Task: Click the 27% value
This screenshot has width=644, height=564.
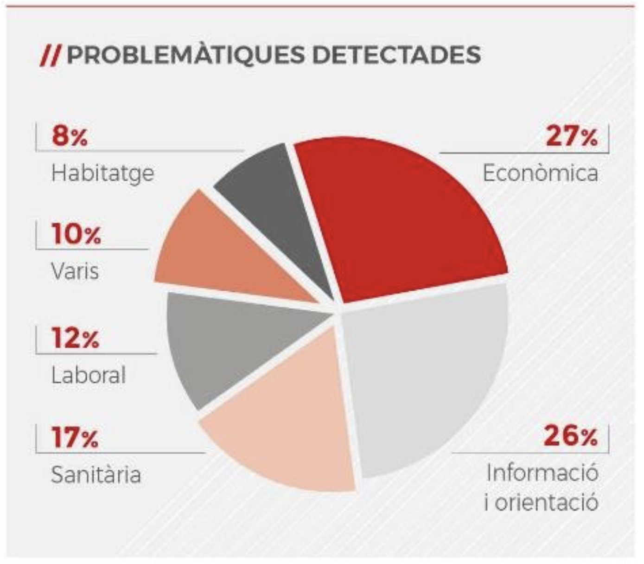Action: click(x=571, y=136)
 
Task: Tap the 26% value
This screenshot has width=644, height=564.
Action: click(x=570, y=436)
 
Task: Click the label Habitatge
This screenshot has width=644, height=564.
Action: click(x=102, y=174)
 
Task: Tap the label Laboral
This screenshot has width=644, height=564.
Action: click(x=89, y=375)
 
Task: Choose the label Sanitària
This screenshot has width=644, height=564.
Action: click(x=96, y=475)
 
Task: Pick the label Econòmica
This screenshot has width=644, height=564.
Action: click(x=540, y=173)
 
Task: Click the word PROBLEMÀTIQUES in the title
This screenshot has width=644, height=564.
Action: click(x=185, y=55)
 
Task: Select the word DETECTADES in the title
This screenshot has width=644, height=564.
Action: click(x=396, y=55)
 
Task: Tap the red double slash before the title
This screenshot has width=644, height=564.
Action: click(x=50, y=56)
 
